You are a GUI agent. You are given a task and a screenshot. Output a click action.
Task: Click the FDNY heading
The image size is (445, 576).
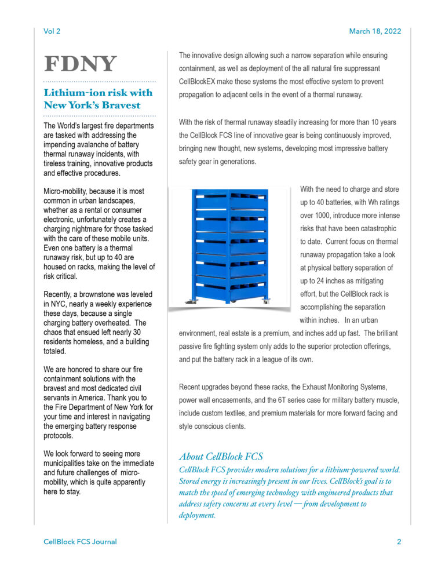[x=81, y=64]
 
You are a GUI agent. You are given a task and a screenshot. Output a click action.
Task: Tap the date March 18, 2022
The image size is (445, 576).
[x=374, y=31]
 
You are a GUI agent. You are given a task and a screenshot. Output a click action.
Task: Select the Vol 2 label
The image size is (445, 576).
[x=52, y=31]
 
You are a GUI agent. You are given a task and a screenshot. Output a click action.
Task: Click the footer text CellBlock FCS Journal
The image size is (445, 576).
[x=80, y=542]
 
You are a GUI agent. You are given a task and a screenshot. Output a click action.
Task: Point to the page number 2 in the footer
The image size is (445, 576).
[x=399, y=542]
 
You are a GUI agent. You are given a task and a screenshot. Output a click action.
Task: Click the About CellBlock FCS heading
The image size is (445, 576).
[x=221, y=456]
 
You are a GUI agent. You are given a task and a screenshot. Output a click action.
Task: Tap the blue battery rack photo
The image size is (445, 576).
[x=229, y=246]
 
